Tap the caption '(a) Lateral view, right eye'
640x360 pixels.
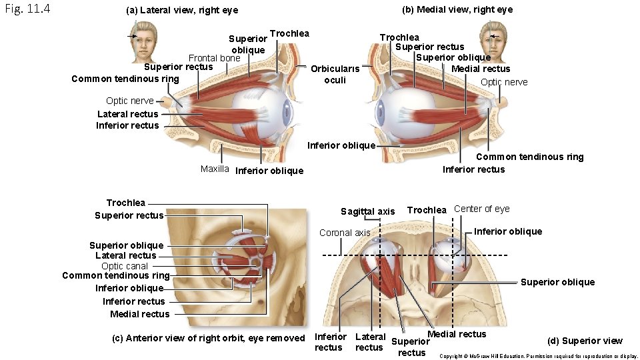182,11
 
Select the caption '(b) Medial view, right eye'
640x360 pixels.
457,9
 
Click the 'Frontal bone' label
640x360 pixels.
214,58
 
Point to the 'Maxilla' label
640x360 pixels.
215,169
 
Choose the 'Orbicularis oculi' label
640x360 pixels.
335,74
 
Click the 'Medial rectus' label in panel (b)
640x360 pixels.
481,69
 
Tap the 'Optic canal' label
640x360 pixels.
125,265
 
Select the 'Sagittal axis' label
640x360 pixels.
367,211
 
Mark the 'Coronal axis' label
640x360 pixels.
345,233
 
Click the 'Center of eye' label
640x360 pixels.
481,209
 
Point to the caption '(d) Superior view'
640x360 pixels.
585,341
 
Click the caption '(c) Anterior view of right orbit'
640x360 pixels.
208,338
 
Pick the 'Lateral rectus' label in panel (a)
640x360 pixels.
128,114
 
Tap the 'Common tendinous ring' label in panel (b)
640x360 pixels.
529,157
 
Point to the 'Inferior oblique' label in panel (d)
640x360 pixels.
507,231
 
